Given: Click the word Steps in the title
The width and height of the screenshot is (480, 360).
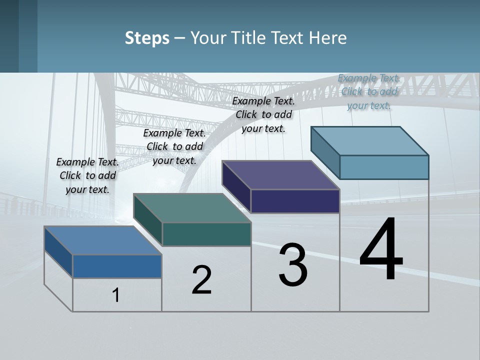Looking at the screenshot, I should [x=147, y=38].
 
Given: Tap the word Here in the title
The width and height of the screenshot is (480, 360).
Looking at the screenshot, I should [x=328, y=38].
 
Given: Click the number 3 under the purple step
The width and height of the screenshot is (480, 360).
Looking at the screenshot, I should [x=293, y=265].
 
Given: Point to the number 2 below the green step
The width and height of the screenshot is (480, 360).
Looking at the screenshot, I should [x=201, y=280].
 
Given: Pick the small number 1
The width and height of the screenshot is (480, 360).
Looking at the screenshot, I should [x=115, y=295].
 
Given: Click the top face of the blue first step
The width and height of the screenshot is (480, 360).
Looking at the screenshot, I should [x=102, y=240].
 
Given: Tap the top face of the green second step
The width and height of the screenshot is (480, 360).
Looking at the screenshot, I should [x=192, y=208].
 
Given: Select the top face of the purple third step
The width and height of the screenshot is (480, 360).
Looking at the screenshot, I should [x=280, y=175].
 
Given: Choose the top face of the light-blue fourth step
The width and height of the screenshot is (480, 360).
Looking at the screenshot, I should [x=370, y=140].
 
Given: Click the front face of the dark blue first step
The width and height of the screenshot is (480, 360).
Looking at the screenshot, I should [x=117, y=266].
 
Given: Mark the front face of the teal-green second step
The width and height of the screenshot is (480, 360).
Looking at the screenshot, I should [x=206, y=234].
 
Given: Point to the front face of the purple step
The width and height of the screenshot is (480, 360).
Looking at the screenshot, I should [x=295, y=201].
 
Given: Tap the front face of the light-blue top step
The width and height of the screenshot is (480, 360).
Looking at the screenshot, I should [x=384, y=167].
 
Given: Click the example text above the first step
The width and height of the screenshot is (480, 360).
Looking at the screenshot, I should [x=87, y=175].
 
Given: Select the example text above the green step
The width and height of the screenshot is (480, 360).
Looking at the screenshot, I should [x=174, y=146].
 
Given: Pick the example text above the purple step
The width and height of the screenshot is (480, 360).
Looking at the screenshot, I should [x=263, y=114].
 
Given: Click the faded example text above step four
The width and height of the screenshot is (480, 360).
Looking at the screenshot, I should [x=369, y=91].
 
